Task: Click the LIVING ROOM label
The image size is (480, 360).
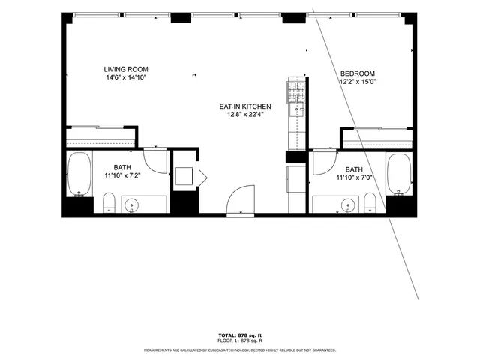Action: click(x=124, y=69)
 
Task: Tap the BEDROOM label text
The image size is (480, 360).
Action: click(x=357, y=73)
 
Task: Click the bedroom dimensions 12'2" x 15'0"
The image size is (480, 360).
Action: click(x=357, y=81)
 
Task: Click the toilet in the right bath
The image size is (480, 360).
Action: click(x=369, y=202)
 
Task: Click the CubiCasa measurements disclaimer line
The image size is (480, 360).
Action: click(x=240, y=349)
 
